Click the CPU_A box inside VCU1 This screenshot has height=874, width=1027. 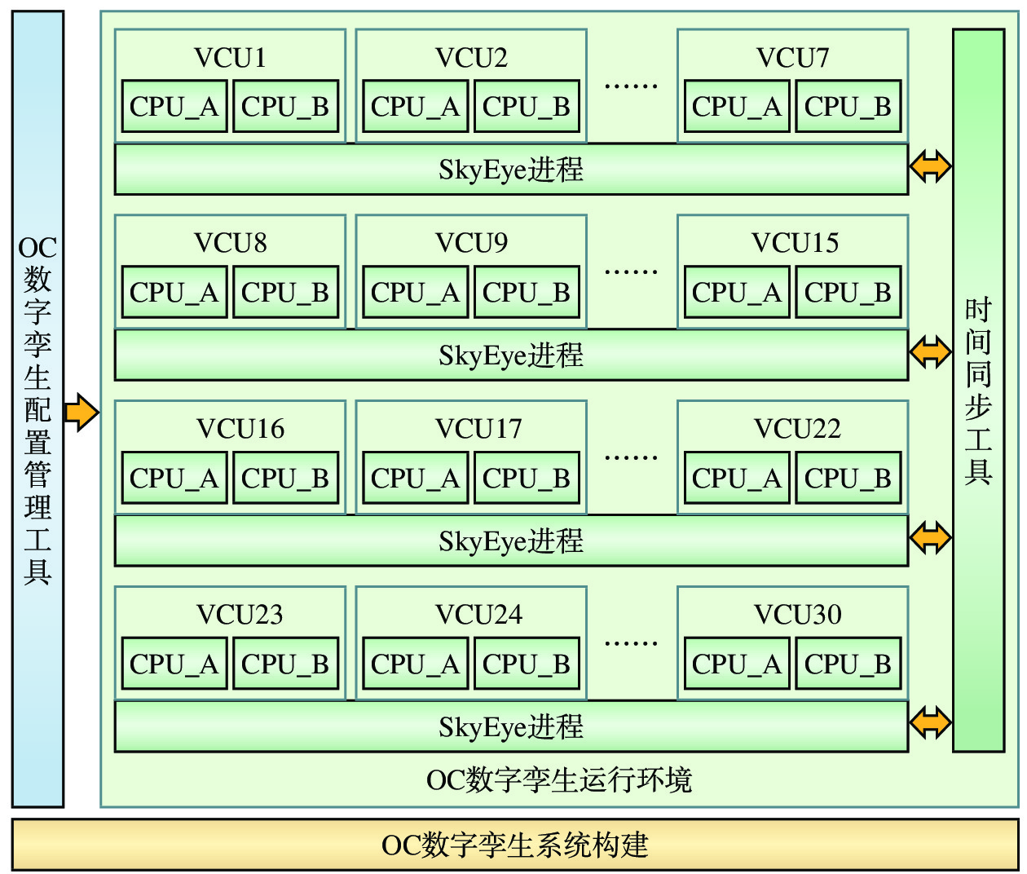coord(174,107)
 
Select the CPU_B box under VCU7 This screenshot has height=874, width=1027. coord(848,107)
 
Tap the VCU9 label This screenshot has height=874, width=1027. coord(471,243)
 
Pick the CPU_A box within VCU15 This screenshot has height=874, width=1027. coord(736,293)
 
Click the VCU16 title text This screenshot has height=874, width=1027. coord(240,429)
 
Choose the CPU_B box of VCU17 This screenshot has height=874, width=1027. coord(526,479)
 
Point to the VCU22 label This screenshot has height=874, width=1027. coord(797,429)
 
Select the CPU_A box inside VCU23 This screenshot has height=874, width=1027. coord(174,664)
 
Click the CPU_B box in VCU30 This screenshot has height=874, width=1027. coord(848,664)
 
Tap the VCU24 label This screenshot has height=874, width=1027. coord(478,615)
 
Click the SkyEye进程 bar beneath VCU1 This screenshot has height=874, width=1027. coord(511,170)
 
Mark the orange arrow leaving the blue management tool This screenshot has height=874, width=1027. coord(81,412)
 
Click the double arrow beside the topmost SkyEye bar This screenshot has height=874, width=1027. coord(930,166)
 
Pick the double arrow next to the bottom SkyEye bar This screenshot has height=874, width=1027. coord(930,722)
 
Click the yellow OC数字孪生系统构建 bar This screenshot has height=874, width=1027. coord(515,845)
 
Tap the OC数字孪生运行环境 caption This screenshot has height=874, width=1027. coord(559,780)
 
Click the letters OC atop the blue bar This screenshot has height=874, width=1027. coord(37,248)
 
